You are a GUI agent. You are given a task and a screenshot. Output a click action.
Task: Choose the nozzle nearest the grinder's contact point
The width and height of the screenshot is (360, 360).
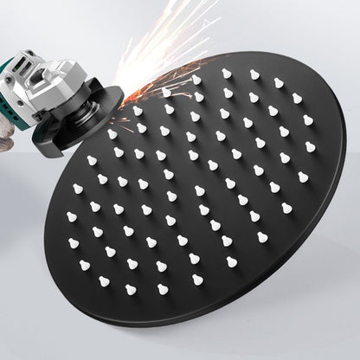tap(138, 111)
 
